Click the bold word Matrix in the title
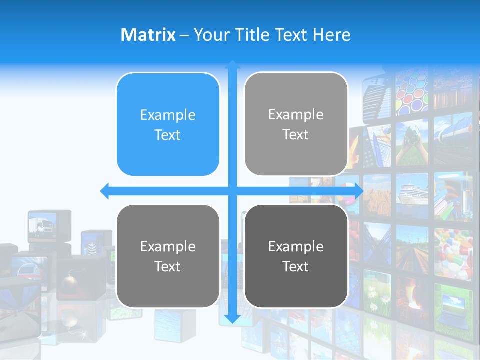(148, 35)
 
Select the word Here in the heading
(331, 35)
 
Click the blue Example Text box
(168, 125)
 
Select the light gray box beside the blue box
(296, 124)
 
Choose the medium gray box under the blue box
(168, 256)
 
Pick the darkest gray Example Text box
(296, 256)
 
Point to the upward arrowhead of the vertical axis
(232, 64)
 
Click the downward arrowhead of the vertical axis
(232, 318)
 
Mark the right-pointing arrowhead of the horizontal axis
(359, 191)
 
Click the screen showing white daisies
(377, 292)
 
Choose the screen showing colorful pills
(453, 252)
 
